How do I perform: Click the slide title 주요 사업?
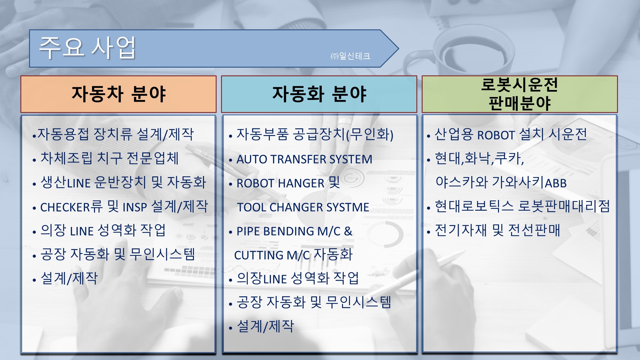tap(87, 48)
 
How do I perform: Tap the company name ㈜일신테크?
tap(350, 56)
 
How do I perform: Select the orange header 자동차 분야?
tap(118, 94)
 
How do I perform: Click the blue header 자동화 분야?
tap(319, 94)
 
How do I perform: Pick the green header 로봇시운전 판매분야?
tap(520, 94)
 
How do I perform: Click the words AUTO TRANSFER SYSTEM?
tap(304, 159)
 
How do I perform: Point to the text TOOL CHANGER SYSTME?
tap(303, 207)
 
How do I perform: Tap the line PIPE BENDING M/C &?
tap(294, 231)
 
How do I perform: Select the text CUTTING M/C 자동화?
tap(293, 255)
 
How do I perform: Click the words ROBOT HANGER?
tap(280, 183)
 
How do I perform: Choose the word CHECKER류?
tap(71, 207)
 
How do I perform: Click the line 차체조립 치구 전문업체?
tap(110, 158)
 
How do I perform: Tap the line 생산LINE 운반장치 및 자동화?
tap(123, 182)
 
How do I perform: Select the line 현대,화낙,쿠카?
tap(480, 158)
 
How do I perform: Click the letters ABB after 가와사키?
tap(556, 183)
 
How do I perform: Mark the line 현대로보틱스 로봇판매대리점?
tap(522, 206)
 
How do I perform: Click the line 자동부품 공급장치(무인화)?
tap(315, 135)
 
